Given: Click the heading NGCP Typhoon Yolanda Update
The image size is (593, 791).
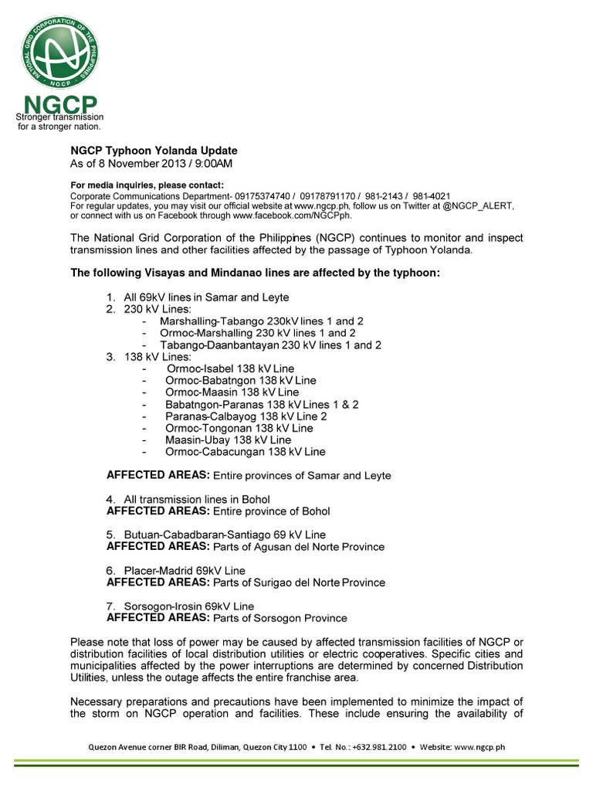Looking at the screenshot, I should [x=154, y=151].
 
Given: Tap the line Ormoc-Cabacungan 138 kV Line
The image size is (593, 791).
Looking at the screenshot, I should [x=245, y=451].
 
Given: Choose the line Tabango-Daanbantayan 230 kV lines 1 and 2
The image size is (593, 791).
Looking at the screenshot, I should [x=270, y=345].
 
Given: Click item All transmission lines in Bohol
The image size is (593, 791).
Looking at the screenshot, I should [x=196, y=499].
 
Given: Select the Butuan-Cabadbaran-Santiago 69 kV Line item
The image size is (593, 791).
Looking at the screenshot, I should [x=225, y=535].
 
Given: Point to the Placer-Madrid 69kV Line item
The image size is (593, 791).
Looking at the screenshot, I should [x=185, y=571].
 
